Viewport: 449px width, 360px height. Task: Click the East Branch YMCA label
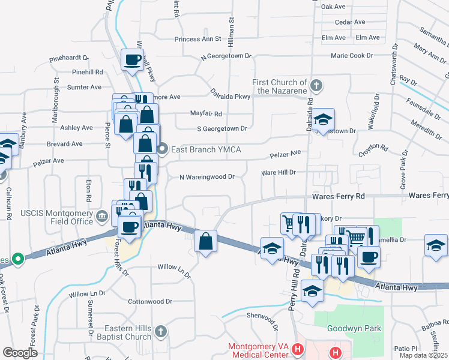[206, 149]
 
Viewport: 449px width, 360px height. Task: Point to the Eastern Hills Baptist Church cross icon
[160, 331]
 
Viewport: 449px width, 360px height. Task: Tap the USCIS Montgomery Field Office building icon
[101, 215]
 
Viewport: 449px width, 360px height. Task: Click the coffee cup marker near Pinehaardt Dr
[132, 60]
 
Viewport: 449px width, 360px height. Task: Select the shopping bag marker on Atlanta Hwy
[205, 242]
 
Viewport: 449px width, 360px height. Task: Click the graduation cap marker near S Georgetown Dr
[323, 119]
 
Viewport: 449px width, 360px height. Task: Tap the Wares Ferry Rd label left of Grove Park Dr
[338, 196]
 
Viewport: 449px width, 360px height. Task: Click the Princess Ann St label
[198, 39]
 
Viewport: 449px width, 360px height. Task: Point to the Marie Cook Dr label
[352, 56]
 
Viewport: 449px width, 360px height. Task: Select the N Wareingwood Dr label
[206, 177]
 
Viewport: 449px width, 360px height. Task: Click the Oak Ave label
[334, 7]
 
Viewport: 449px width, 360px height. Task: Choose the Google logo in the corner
[20, 352]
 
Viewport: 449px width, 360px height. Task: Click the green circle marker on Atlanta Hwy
[18, 260]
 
